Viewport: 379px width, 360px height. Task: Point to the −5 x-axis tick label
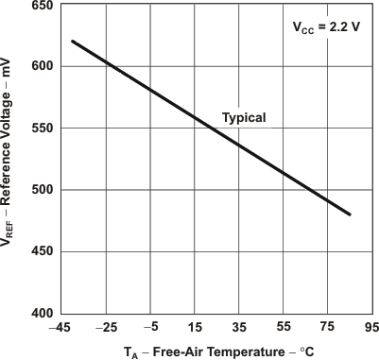[x=149, y=328]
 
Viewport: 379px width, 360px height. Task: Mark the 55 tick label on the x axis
[x=283, y=328]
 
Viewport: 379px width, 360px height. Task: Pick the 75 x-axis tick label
[x=327, y=328]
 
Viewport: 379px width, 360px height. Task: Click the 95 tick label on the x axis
[x=370, y=328]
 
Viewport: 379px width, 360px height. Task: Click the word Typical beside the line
[x=244, y=118]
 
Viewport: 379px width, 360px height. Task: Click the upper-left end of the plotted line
[x=73, y=42]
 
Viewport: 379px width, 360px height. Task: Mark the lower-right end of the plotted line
[x=350, y=214]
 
